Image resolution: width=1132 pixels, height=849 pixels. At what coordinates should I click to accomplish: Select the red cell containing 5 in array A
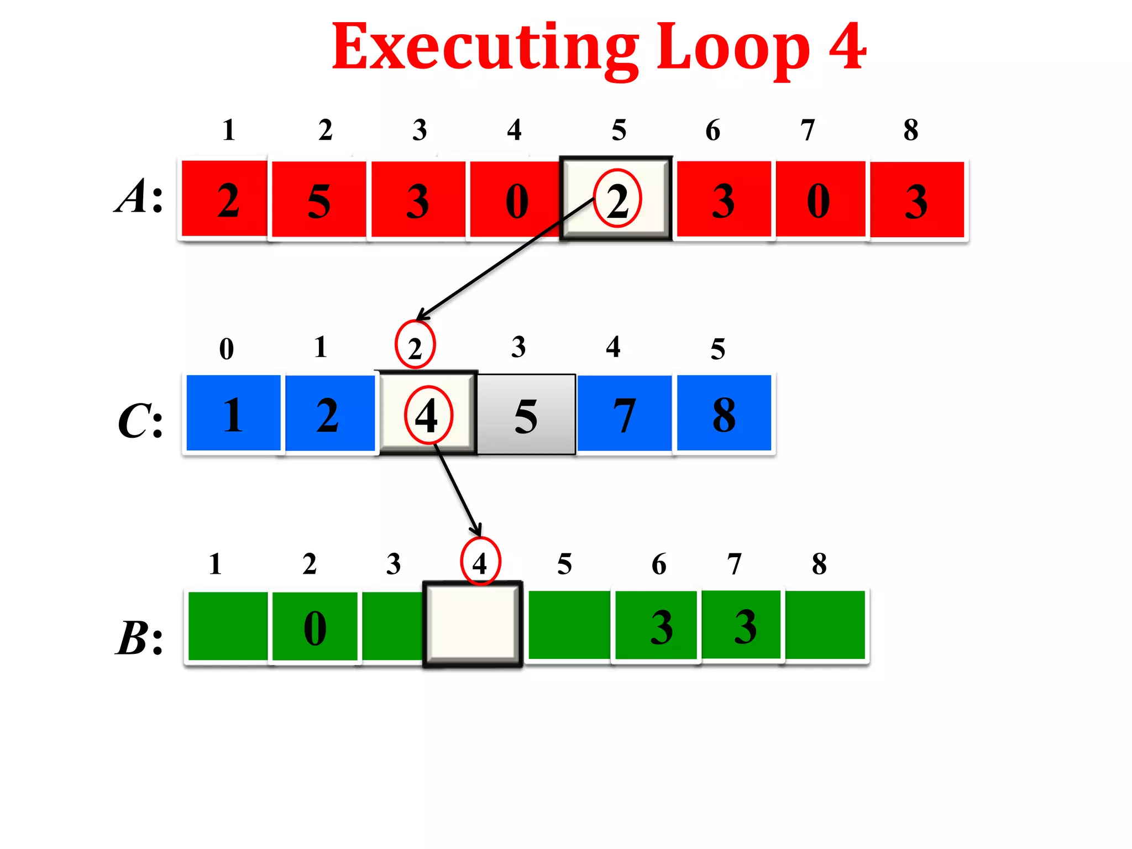pyautogui.click(x=319, y=200)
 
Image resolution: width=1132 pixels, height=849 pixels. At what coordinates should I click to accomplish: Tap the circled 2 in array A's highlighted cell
pyautogui.click(x=617, y=199)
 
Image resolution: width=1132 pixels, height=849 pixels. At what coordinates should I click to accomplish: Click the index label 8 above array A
pyautogui.click(x=911, y=130)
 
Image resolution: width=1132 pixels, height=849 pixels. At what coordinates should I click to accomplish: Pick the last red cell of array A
pyautogui.click(x=917, y=200)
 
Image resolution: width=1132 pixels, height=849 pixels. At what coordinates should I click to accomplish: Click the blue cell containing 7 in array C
pyautogui.click(x=624, y=413)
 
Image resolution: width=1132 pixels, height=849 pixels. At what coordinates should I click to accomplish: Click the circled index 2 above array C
pyautogui.click(x=415, y=346)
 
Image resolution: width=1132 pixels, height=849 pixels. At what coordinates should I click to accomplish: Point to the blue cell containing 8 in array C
pyautogui.click(x=724, y=413)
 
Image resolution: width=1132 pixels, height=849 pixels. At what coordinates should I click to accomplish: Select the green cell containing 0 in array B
pyautogui.click(x=315, y=626)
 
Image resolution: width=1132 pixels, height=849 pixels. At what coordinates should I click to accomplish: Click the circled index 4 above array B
pyautogui.click(x=480, y=562)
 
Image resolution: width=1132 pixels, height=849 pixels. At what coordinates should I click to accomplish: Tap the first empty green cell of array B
pyautogui.click(x=228, y=626)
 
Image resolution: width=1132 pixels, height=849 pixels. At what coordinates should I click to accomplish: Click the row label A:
pyautogui.click(x=139, y=196)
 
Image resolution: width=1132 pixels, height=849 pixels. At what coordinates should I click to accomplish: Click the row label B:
pyautogui.click(x=139, y=638)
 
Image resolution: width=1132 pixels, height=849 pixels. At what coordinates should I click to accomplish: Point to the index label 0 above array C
pyautogui.click(x=227, y=349)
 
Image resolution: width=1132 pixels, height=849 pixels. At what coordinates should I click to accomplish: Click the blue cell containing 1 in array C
pyautogui.click(x=233, y=413)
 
